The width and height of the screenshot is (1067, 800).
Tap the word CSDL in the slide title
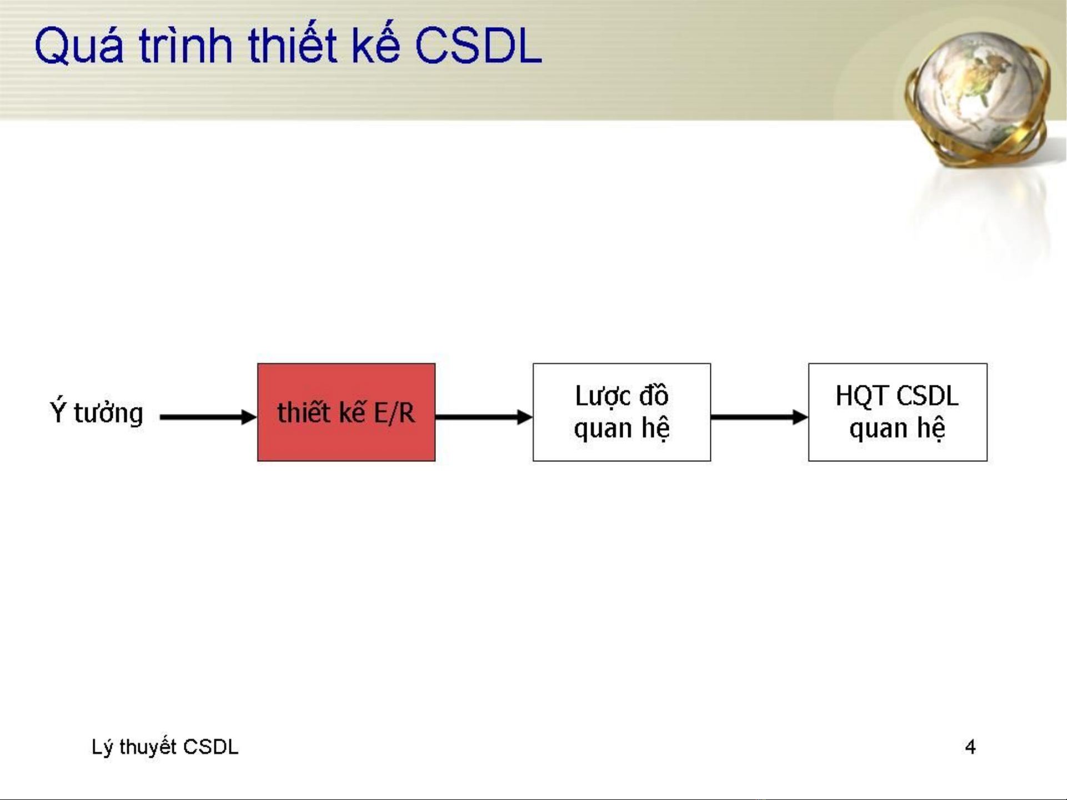coord(478,45)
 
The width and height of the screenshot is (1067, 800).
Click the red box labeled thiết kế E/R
coord(346,412)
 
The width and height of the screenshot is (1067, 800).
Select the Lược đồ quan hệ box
coord(622,412)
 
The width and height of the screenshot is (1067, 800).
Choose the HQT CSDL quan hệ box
coord(898,412)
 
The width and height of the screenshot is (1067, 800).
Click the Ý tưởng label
coord(97,412)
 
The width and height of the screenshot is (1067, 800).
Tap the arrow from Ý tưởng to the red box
coord(208,417)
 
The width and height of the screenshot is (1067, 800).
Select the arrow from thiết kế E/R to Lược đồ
coord(484,417)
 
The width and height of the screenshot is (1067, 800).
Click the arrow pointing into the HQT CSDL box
coord(759,417)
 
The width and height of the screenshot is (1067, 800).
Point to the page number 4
coord(970,747)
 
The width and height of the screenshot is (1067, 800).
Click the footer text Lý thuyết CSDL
coord(165,747)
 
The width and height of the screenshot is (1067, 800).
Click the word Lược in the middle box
coord(603,396)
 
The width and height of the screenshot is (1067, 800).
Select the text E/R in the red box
coord(394,412)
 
